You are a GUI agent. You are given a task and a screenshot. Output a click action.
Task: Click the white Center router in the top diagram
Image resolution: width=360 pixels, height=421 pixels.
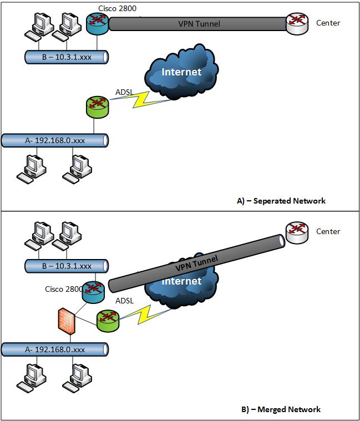point(296,23)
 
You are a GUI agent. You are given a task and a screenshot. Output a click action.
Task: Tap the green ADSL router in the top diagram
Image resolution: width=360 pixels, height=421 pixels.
point(97,106)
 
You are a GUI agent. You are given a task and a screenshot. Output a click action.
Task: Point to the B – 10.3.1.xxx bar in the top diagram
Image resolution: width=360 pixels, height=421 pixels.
point(67,56)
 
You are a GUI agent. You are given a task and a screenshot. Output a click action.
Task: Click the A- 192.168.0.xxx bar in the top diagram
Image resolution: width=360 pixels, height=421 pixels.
point(54,140)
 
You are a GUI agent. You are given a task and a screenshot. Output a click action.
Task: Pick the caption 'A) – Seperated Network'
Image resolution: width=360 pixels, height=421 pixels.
point(281,201)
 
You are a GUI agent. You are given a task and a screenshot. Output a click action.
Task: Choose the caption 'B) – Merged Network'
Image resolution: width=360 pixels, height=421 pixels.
point(281,410)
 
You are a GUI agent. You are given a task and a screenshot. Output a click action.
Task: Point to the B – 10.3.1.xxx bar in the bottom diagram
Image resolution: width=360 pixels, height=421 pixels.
point(67,266)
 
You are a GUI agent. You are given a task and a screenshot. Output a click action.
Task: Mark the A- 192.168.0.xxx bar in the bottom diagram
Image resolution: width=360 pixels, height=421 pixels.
point(54,349)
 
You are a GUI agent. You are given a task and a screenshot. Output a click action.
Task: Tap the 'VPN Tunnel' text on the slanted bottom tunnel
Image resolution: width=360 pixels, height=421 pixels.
point(196,261)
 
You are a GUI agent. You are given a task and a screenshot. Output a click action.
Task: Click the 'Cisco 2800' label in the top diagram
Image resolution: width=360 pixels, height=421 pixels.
point(117,7)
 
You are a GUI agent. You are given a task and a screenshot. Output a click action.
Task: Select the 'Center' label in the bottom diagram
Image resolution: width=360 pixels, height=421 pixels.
point(328,231)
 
